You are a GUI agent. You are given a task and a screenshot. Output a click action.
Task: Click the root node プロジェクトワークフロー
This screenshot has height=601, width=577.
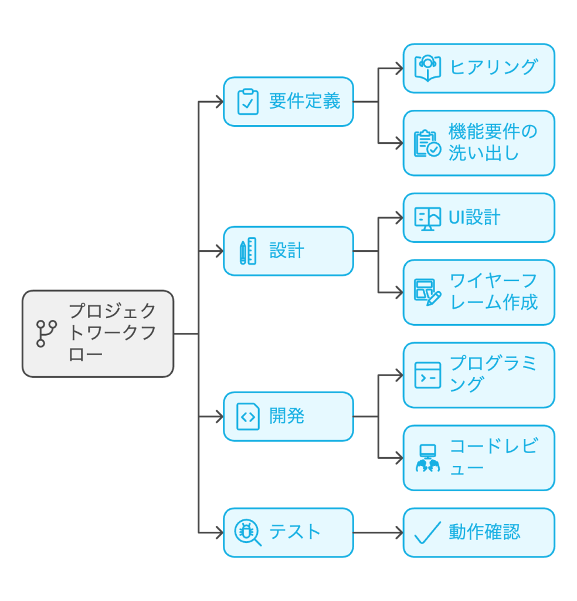tap(98, 333)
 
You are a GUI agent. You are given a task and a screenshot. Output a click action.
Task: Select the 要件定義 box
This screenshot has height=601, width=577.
tap(288, 102)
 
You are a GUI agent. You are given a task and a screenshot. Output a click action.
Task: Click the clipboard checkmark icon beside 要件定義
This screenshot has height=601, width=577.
tap(247, 102)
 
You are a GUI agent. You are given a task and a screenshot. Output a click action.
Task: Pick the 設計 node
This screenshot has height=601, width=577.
tap(288, 251)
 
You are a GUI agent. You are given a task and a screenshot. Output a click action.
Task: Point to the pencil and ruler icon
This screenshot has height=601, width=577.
tap(247, 251)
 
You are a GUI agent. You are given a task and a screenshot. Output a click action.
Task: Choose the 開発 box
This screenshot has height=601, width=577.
tap(288, 417)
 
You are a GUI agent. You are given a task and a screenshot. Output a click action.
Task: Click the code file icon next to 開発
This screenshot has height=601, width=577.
tap(247, 417)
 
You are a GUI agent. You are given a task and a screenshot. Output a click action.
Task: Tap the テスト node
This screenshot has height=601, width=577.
tap(288, 532)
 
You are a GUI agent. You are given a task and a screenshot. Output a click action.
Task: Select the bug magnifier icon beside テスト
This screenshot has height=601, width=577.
tap(247, 532)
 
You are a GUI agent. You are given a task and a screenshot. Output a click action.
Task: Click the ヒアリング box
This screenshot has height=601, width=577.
tap(478, 68)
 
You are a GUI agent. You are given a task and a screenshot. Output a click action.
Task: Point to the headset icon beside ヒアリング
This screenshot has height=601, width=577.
tap(427, 67)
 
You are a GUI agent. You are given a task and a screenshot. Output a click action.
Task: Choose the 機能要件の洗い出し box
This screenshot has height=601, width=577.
tap(478, 143)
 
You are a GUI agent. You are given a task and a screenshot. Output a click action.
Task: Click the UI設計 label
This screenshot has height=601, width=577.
tap(474, 218)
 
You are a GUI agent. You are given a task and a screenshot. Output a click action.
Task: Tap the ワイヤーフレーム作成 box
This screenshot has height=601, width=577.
tap(478, 292)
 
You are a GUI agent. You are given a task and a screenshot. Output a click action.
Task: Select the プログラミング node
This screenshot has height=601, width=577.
tap(478, 375)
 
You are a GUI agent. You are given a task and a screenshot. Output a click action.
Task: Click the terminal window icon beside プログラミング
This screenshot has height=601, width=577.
tap(427, 375)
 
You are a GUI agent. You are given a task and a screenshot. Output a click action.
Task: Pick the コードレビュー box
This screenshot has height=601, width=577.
tap(478, 458)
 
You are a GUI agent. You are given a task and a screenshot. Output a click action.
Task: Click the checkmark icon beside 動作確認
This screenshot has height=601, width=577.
tap(427, 532)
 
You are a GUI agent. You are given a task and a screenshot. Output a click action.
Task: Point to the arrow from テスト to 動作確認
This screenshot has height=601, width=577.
tap(378, 532)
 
